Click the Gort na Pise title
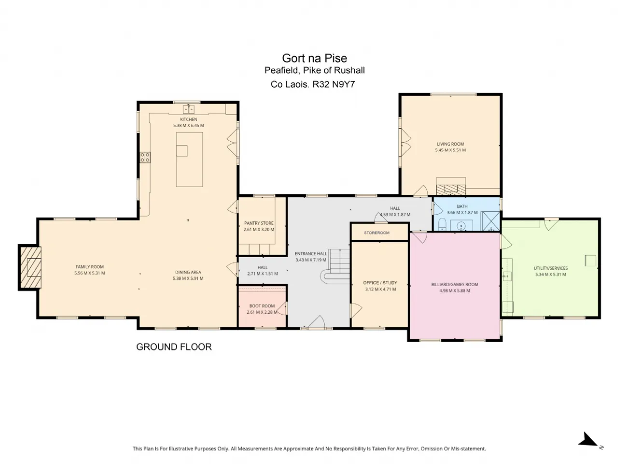(x=314, y=58)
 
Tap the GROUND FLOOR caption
(x=174, y=347)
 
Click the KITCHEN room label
(x=188, y=119)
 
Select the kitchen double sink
(x=188, y=109)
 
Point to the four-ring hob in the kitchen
(x=145, y=157)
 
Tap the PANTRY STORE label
(x=258, y=223)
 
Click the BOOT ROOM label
(x=262, y=306)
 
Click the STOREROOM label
(x=377, y=232)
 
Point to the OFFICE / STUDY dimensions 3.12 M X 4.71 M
(x=380, y=289)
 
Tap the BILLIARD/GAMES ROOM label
(x=454, y=284)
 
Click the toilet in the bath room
(x=442, y=224)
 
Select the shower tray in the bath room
(x=491, y=221)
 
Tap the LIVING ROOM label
(x=450, y=144)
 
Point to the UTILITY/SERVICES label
(x=550, y=268)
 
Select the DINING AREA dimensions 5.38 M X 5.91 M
(x=188, y=278)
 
